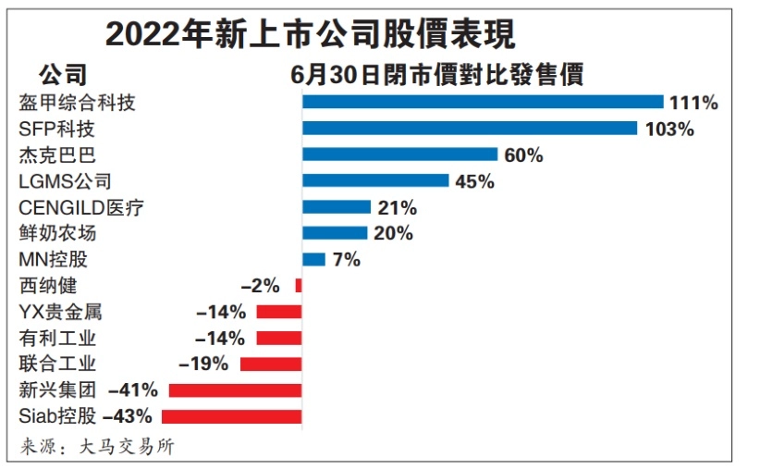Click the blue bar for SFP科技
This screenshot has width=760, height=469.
coord(470,129)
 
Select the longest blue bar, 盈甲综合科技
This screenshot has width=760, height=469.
coord(483,103)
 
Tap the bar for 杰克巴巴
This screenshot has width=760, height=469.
coord(399,154)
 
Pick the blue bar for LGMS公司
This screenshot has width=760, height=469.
coord(375,181)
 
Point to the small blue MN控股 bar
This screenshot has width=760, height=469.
coord(313,260)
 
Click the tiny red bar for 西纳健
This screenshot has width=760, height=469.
coord(298,286)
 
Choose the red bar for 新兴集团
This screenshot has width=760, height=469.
coord(235,390)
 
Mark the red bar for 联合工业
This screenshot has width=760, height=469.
coord(271,364)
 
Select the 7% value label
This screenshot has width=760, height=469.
coord(346,260)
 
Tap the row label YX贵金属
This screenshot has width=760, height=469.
coord(61,312)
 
